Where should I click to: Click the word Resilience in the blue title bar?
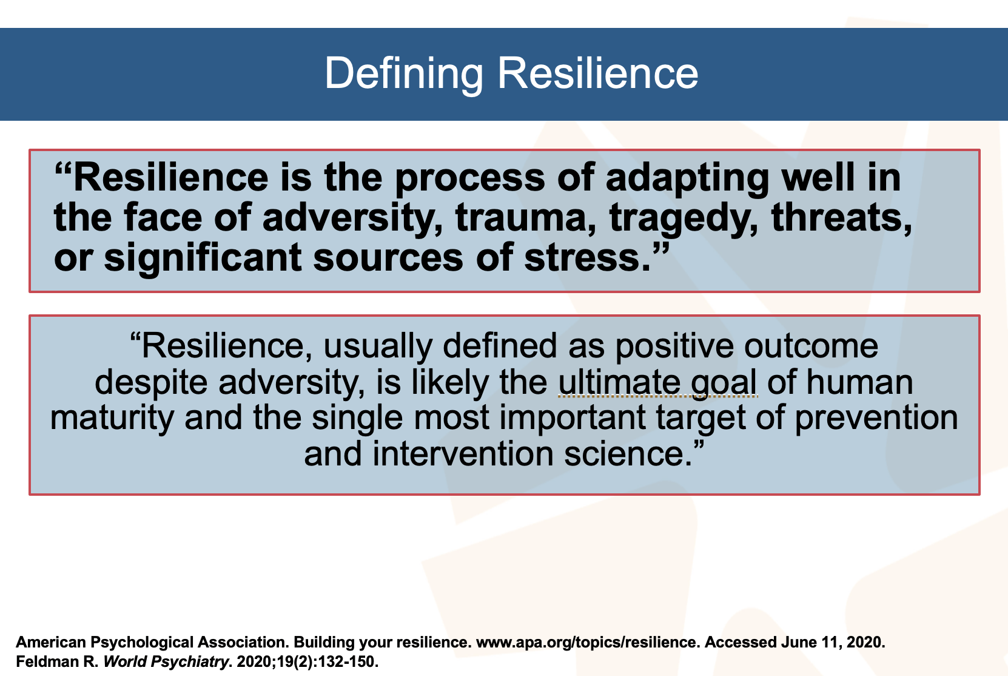597,73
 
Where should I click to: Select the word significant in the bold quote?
203,257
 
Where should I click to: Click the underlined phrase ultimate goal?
657,382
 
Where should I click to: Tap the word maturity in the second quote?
112,418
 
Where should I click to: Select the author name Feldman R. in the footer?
57,661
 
